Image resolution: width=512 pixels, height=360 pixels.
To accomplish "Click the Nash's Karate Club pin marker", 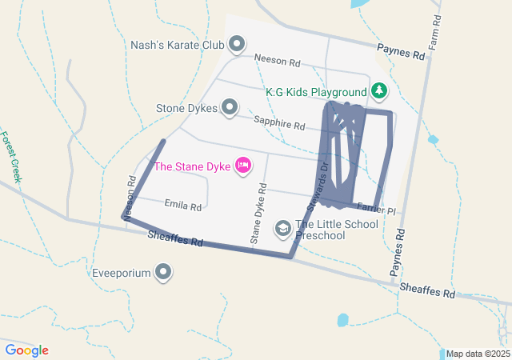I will click(x=237, y=44).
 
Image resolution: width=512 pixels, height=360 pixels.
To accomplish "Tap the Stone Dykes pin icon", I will click(x=230, y=106).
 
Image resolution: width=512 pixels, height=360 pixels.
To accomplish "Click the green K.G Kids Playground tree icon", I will click(x=378, y=91).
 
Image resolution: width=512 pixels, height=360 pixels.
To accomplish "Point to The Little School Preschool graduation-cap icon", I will click(x=282, y=230).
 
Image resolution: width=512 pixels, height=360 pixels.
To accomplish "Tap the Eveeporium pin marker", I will click(x=164, y=274).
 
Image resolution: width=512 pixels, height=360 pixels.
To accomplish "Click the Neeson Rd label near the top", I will click(x=277, y=59).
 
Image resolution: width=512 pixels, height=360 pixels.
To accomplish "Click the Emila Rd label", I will click(x=182, y=206).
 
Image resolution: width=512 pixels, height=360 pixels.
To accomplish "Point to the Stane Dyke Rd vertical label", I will click(x=258, y=213).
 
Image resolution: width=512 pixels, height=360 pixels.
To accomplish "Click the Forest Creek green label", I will click(x=11, y=156).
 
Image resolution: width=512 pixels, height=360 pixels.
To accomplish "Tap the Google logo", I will click(x=26, y=350).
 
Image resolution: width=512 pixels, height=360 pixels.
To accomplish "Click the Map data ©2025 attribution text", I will click(x=477, y=354).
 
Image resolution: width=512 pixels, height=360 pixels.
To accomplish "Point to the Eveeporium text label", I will click(x=122, y=274).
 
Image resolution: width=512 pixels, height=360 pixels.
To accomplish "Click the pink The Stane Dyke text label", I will click(x=192, y=166).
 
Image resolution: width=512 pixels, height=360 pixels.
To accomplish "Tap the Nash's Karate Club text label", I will click(x=178, y=45).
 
